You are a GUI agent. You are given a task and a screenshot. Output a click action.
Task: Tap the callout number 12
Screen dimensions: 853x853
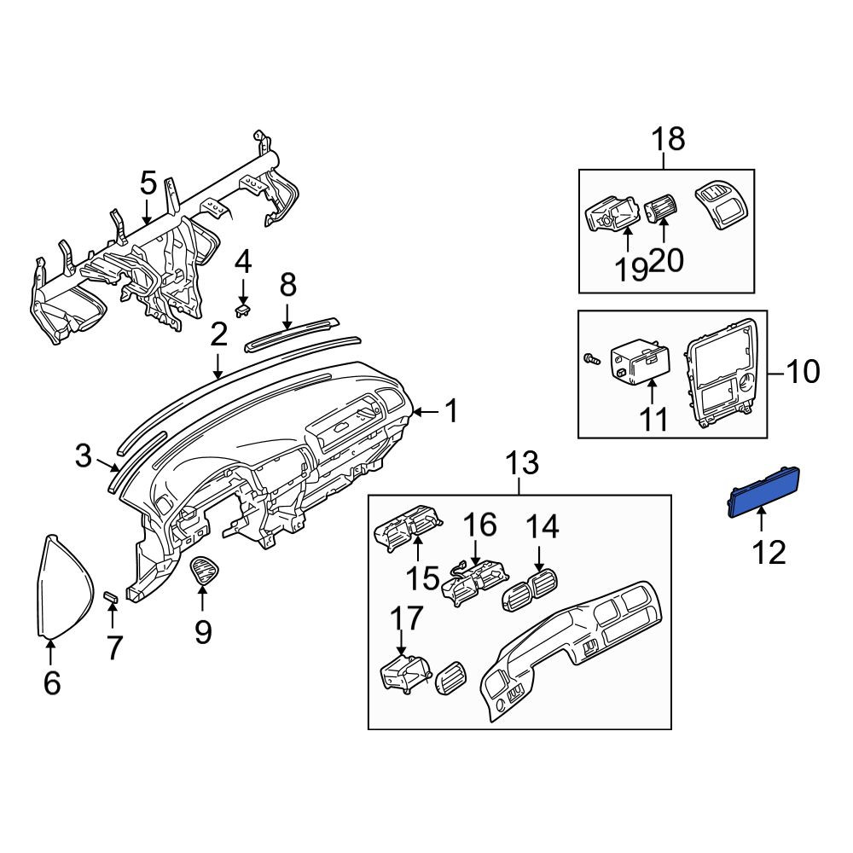tap(769, 552)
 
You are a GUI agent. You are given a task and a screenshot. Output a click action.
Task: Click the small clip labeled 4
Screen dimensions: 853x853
tap(242, 310)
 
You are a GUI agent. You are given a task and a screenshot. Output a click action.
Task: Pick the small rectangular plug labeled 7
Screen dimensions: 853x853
tap(111, 597)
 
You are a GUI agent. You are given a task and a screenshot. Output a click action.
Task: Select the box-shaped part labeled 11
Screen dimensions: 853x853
tap(641, 362)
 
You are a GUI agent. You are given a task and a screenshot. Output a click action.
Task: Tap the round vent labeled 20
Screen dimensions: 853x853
tap(660, 211)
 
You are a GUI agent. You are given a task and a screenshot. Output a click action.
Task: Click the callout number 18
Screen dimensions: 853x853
tap(669, 139)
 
